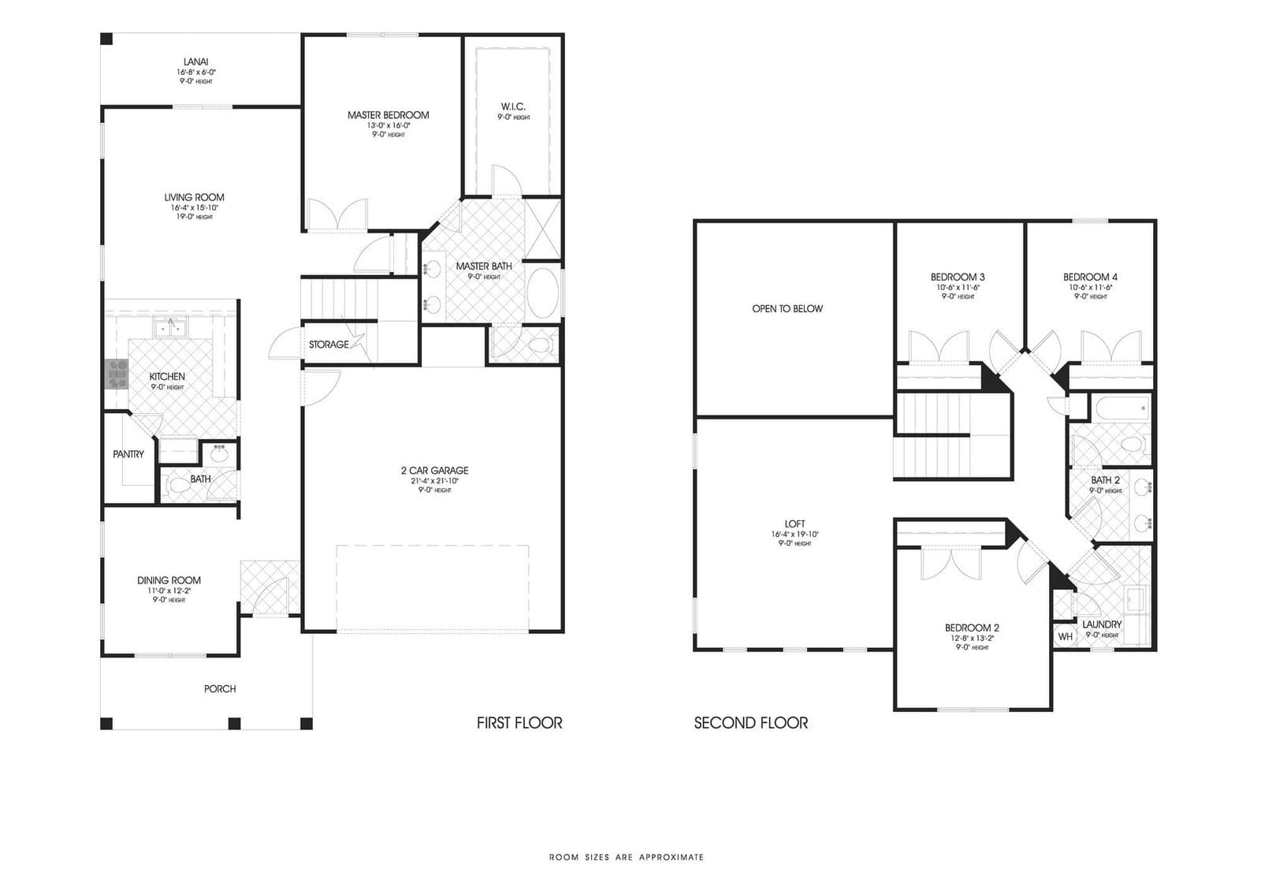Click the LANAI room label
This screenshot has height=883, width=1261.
pyautogui.click(x=195, y=61)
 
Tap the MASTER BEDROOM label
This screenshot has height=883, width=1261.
pyautogui.click(x=388, y=115)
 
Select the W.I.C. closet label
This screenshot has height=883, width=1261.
pyautogui.click(x=513, y=106)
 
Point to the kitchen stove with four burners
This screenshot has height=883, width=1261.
pyautogui.click(x=116, y=374)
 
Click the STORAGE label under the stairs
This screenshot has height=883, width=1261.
pyautogui.click(x=329, y=345)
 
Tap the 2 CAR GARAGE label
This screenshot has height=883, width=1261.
pyautogui.click(x=434, y=471)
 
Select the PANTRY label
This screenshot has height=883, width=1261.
pyautogui.click(x=128, y=454)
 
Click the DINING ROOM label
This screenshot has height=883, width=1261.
pyautogui.click(x=169, y=580)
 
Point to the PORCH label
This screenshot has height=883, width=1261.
pyautogui.click(x=220, y=688)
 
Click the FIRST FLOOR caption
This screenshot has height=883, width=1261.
pyautogui.click(x=519, y=722)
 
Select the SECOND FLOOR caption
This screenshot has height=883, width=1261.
pyautogui.click(x=750, y=722)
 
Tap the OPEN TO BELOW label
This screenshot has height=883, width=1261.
pyautogui.click(x=787, y=309)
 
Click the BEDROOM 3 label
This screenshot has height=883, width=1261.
pyautogui.click(x=958, y=277)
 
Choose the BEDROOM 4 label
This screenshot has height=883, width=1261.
pyautogui.click(x=1090, y=277)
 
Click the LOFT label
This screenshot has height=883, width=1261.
pyautogui.click(x=794, y=523)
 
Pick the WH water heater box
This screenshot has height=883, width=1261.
pyautogui.click(x=1065, y=636)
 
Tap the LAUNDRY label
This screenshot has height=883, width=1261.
pyautogui.click(x=1101, y=624)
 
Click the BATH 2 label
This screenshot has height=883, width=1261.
pyautogui.click(x=1105, y=480)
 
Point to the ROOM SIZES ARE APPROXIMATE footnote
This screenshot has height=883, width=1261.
pyautogui.click(x=627, y=856)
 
